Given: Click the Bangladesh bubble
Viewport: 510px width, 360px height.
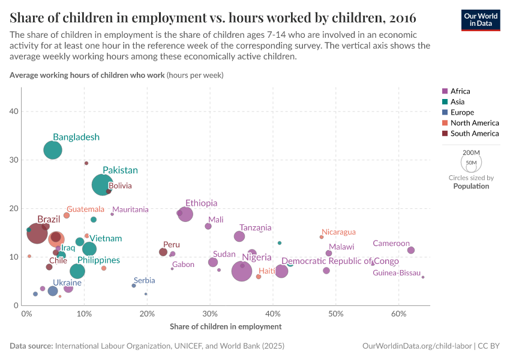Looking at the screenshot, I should click(x=53, y=150).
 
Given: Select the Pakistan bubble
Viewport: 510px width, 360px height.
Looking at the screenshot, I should click(x=103, y=185).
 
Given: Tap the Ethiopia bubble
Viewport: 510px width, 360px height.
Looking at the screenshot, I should click(x=185, y=214).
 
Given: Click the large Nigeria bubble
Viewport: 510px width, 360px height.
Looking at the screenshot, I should click(x=242, y=271).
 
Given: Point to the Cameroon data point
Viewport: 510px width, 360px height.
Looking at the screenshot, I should click(x=411, y=250).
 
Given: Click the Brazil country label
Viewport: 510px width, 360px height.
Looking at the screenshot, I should click(x=49, y=220).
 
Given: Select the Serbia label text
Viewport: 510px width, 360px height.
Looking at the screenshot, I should click(x=145, y=280).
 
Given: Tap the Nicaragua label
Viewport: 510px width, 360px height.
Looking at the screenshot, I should click(x=338, y=232).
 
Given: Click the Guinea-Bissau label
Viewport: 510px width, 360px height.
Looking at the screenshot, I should click(x=397, y=273).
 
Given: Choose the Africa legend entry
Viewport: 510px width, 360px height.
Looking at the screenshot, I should click(x=460, y=91).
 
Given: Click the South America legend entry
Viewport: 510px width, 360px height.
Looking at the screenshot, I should click(x=474, y=134).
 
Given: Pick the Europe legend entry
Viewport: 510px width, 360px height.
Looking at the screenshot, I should click(x=462, y=113).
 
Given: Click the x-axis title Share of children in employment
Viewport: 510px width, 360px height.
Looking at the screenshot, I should click(x=226, y=326).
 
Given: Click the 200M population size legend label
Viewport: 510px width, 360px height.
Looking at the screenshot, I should click(x=472, y=153).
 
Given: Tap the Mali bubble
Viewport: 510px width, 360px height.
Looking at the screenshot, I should click(x=208, y=226).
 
